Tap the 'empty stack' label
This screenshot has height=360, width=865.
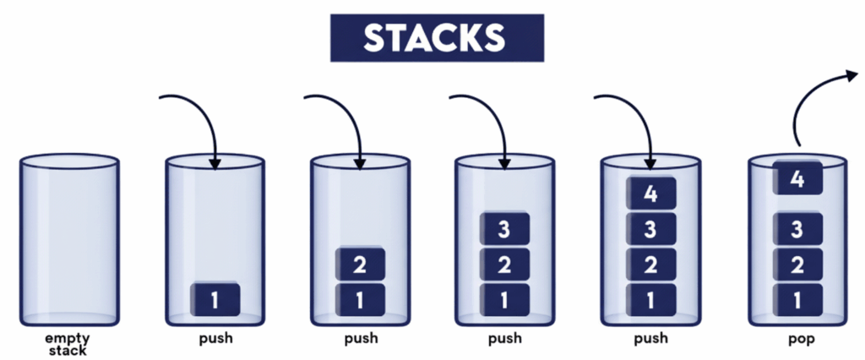tap(68, 343)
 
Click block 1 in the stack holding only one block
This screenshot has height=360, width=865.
tap(215, 299)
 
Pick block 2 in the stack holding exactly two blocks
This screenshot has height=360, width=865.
tap(360, 265)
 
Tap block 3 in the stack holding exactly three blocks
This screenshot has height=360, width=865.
tap(504, 230)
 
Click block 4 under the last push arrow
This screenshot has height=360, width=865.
tap(650, 194)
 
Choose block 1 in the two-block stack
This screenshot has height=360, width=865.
tap(360, 299)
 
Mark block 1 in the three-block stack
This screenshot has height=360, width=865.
tap(504, 299)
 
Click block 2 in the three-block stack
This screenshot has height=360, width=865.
tap(504, 265)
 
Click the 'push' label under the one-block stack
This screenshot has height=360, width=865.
tap(215, 339)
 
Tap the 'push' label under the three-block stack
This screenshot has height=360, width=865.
tap(504, 339)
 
